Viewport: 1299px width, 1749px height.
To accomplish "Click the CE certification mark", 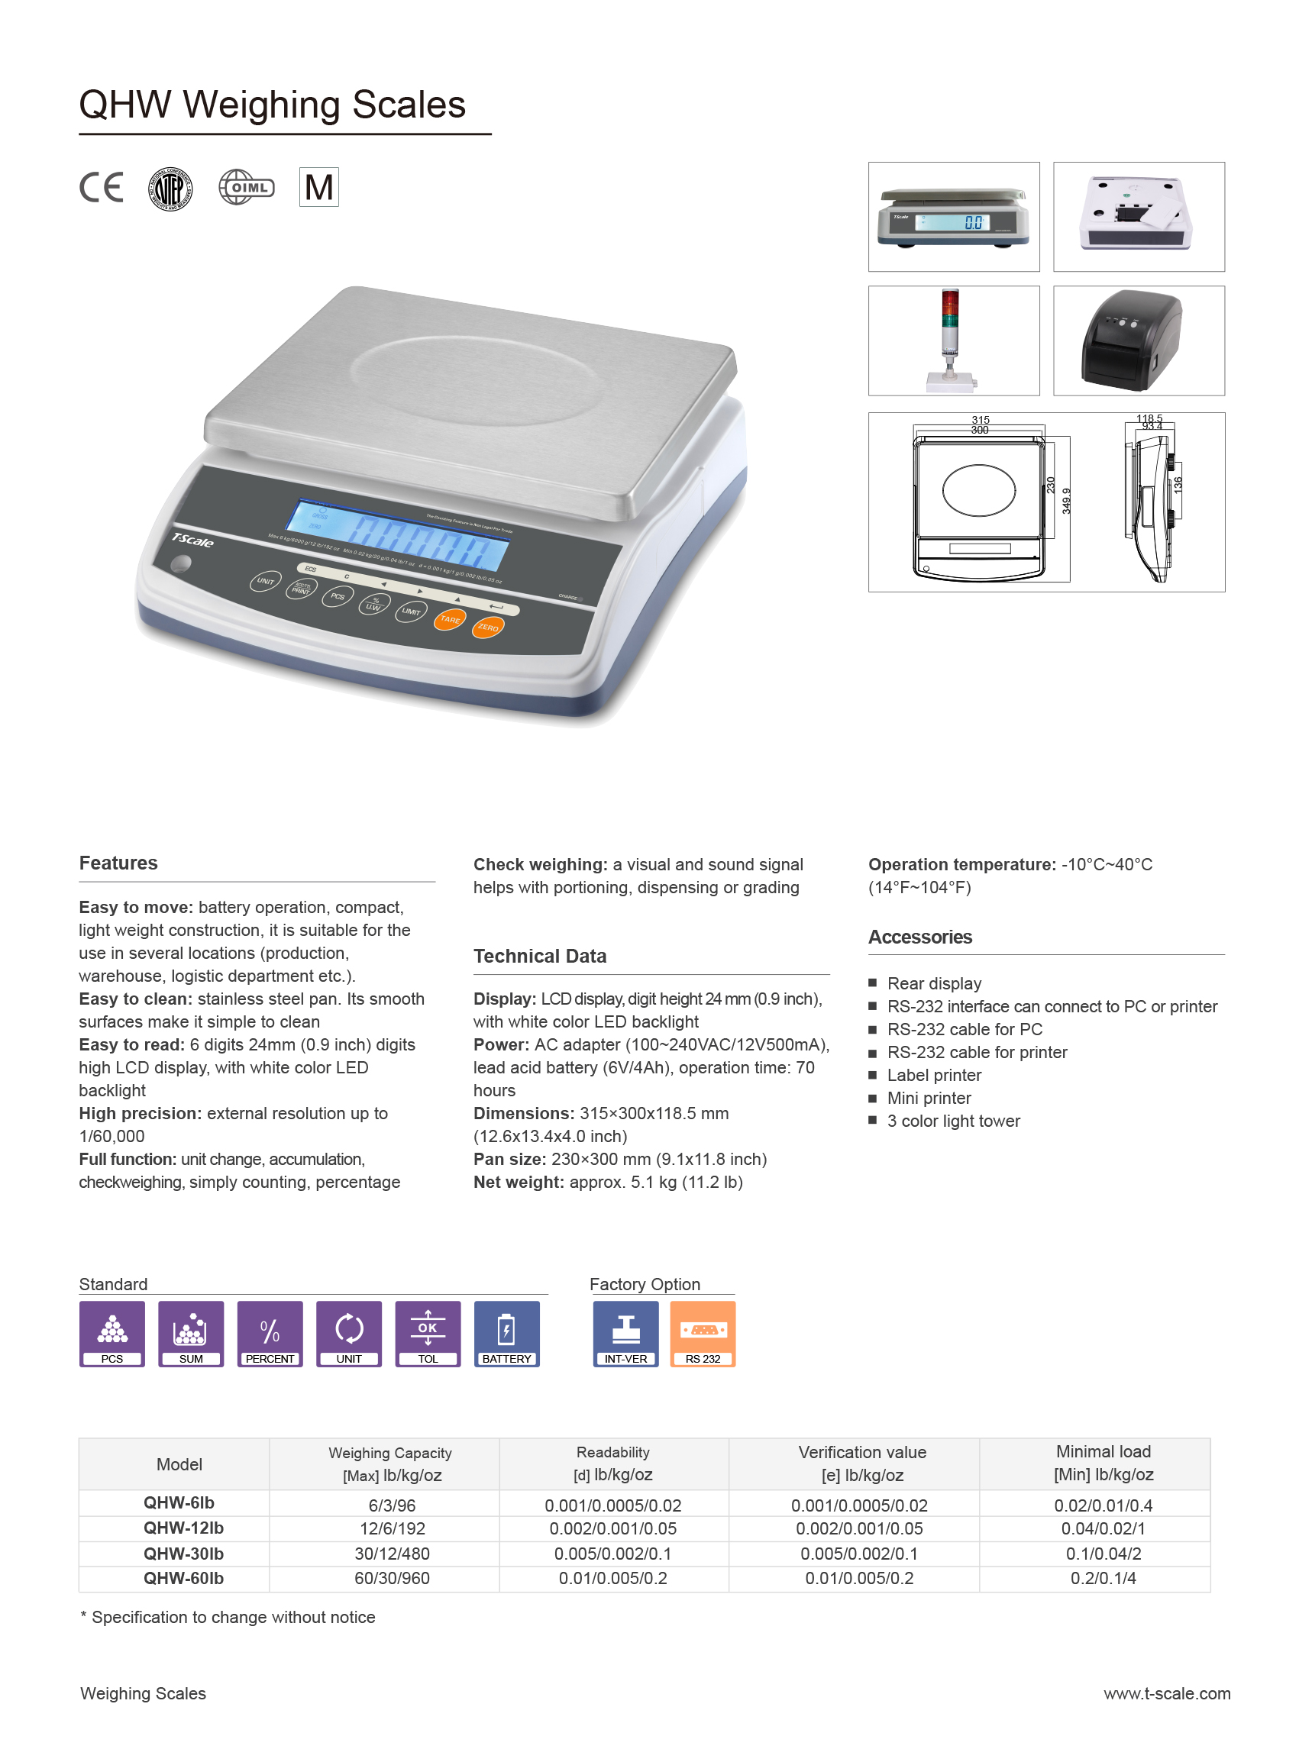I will point(102,187).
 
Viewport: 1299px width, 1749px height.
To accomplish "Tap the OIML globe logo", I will point(246,187).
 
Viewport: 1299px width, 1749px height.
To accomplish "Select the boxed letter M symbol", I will point(318,187).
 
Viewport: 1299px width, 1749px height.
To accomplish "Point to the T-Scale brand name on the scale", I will point(192,540).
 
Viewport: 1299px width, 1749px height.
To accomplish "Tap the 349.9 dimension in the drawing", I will point(1066,501).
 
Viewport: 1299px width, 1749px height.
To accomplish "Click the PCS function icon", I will point(111,1333).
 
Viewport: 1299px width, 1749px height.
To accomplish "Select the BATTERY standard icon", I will point(506,1333).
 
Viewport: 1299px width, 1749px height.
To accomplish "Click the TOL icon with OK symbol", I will point(428,1333).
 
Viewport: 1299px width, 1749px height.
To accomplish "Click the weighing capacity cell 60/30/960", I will point(392,1578).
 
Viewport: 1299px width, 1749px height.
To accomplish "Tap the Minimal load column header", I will point(1103,1462).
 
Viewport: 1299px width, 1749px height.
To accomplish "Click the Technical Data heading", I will point(539,956).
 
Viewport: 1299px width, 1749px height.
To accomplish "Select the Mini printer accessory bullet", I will point(929,1097).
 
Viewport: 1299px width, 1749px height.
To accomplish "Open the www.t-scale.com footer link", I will point(1166,1693).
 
